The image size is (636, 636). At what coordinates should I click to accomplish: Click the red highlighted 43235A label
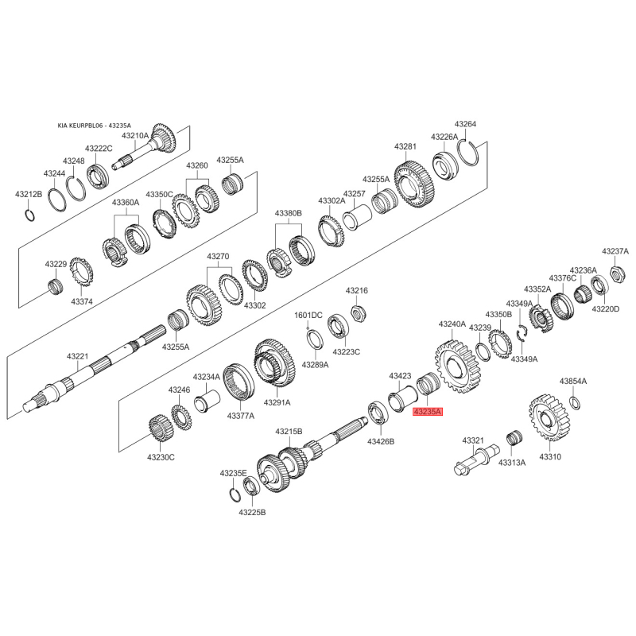[427, 412]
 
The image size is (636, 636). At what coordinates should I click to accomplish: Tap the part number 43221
[78, 356]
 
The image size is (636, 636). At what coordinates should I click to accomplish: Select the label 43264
[465, 124]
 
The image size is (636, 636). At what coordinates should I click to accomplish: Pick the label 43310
[550, 457]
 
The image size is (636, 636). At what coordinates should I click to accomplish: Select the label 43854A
[572, 382]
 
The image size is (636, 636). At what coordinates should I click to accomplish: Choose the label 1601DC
[308, 316]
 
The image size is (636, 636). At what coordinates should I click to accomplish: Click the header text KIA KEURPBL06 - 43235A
[94, 126]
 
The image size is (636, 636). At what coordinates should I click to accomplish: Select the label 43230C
[161, 457]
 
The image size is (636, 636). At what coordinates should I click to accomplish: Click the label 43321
[473, 440]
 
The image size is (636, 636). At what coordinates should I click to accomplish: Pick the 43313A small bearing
[513, 438]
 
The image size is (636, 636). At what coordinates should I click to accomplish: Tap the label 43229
[56, 263]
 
